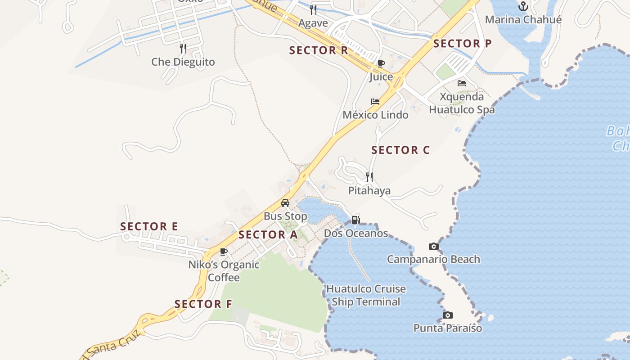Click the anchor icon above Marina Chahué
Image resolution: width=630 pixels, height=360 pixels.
(x=523, y=6)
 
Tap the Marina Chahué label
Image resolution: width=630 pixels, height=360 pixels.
(x=523, y=20)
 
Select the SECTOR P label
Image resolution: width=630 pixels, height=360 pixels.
(x=462, y=44)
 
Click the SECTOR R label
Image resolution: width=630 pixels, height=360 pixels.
(x=319, y=50)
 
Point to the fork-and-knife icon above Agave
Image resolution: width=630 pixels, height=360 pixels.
(x=313, y=9)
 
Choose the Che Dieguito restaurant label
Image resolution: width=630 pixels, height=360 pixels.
(x=183, y=62)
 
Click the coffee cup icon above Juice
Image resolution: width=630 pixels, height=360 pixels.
(x=381, y=63)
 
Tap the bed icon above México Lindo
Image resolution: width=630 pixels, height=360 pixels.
(x=375, y=102)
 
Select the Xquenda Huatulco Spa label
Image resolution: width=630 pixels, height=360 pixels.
(x=462, y=103)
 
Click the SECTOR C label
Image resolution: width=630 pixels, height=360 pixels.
(x=400, y=150)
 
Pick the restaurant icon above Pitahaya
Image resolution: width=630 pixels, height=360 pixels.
(x=369, y=177)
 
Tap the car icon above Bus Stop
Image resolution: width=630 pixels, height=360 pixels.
(x=285, y=203)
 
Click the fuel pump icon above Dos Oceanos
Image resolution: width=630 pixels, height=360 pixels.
(x=356, y=220)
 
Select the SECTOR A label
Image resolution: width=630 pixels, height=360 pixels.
(x=268, y=235)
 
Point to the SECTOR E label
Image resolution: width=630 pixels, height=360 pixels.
(x=149, y=226)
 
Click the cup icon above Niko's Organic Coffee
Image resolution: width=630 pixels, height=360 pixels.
(x=224, y=252)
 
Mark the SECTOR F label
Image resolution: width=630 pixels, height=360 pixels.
(x=203, y=304)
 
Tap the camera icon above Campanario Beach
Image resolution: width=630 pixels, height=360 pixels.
(x=434, y=246)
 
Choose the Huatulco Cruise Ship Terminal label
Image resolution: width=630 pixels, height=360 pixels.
(x=365, y=295)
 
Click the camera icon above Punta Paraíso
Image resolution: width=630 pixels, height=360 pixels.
(x=447, y=315)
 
